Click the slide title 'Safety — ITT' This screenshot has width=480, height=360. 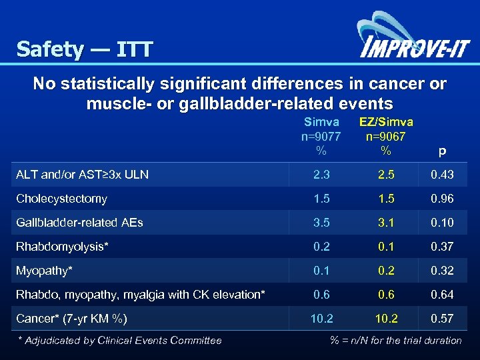(85, 49)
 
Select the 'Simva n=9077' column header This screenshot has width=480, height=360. (321, 136)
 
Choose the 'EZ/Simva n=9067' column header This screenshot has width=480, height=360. (385, 136)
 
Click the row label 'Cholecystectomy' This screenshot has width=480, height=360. (61, 199)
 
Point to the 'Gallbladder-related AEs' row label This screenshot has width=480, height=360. (79, 223)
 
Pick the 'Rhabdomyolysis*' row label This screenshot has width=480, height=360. (62, 247)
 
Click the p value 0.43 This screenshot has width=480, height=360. (442, 175)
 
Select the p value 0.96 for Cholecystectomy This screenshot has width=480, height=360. (442, 199)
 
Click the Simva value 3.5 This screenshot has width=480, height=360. (321, 223)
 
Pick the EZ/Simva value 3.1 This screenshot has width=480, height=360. (385, 223)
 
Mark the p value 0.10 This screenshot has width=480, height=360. (442, 223)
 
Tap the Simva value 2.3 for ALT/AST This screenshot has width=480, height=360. (321, 175)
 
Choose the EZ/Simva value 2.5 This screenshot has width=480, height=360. (385, 175)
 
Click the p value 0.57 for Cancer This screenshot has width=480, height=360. (442, 319)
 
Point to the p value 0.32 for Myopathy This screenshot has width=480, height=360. (442, 271)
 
